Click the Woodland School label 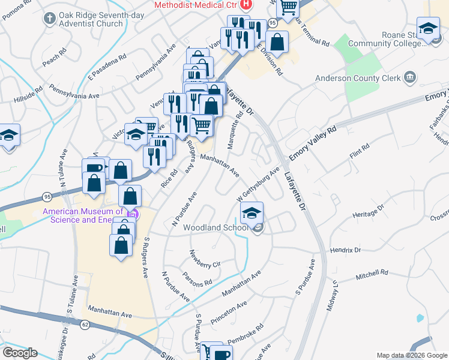click(x=215, y=228)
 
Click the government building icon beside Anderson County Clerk click(x=411, y=77)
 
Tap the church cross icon click(x=49, y=19)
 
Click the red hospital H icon click(x=245, y=5)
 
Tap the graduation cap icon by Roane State click(x=429, y=29)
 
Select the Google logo click(x=20, y=353)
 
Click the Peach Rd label click(x=53, y=58)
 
